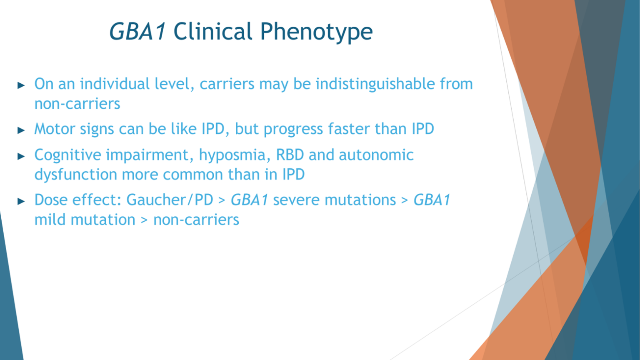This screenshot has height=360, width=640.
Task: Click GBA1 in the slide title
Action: pyautogui.click(x=137, y=31)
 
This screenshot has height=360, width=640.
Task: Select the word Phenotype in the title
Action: pyautogui.click(x=316, y=32)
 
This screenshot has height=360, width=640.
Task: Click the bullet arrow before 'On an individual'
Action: pyautogui.click(x=21, y=85)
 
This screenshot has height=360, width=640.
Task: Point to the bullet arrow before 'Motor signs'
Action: pyautogui.click(x=21, y=130)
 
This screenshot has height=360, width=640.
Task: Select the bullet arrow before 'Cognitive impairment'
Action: pyautogui.click(x=21, y=156)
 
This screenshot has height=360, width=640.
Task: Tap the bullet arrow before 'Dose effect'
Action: pyautogui.click(x=21, y=201)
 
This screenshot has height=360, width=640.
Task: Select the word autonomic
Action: pyautogui.click(x=376, y=155)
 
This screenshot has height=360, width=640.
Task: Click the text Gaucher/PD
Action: pyautogui.click(x=170, y=200)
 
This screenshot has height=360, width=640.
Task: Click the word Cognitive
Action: pyautogui.click(x=68, y=155)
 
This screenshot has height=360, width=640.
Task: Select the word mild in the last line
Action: pyautogui.click(x=50, y=220)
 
